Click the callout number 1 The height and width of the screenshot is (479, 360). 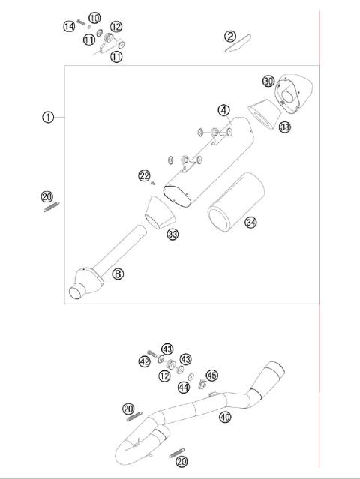click(x=48, y=117)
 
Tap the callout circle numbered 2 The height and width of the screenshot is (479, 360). click(x=230, y=35)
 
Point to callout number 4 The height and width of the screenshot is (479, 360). click(x=224, y=110)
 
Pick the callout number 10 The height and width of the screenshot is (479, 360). click(x=94, y=17)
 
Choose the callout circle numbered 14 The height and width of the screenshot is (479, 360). click(x=68, y=26)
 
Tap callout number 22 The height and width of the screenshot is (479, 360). click(x=144, y=175)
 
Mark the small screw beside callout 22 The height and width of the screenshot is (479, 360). click(x=152, y=182)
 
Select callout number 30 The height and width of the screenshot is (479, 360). click(x=268, y=81)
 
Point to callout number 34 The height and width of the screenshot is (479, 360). click(x=250, y=222)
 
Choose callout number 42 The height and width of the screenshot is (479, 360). click(x=144, y=361)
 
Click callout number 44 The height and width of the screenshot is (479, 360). click(x=184, y=387)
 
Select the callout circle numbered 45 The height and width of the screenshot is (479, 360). click(x=211, y=375)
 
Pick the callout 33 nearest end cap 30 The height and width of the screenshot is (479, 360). click(x=284, y=127)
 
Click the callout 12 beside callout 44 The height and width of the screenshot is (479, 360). click(x=164, y=376)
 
